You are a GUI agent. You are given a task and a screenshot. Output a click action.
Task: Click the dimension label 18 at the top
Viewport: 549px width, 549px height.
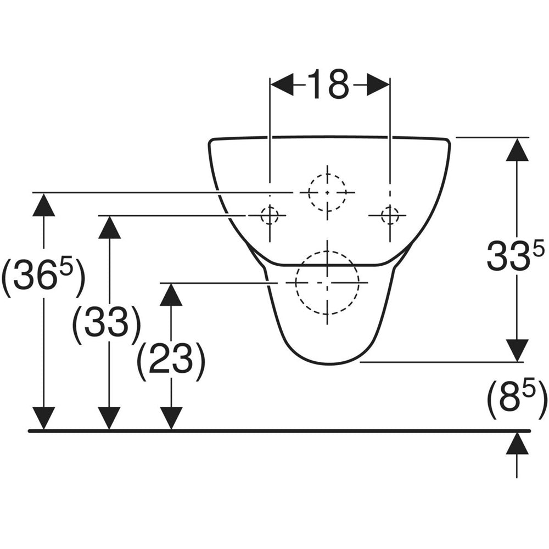pyautogui.click(x=328, y=84)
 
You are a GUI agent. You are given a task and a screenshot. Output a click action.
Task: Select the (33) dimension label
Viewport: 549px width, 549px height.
pyautogui.click(x=107, y=322)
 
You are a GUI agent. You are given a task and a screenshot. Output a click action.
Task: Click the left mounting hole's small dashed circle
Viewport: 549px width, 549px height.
pyautogui.click(x=269, y=215)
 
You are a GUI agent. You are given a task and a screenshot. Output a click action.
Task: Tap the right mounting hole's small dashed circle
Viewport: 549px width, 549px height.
pyautogui.click(x=390, y=215)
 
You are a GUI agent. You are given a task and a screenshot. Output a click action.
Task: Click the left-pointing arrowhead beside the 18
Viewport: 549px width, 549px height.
pyautogui.click(x=282, y=84)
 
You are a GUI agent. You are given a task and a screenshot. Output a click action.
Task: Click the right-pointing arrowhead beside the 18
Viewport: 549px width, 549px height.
pyautogui.click(x=378, y=84)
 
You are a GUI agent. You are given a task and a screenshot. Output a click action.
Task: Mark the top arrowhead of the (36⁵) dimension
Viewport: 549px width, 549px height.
pyautogui.click(x=43, y=205)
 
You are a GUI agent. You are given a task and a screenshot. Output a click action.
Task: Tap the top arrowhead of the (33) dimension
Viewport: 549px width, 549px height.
pyautogui.click(x=110, y=227)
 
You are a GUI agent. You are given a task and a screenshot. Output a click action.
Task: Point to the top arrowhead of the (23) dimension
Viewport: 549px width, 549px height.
pyautogui.click(x=171, y=294)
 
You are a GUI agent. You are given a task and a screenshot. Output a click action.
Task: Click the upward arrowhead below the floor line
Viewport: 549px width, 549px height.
pyautogui.click(x=517, y=443)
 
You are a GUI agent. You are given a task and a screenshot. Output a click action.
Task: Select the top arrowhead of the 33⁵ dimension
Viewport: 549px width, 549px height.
pyautogui.click(x=517, y=149)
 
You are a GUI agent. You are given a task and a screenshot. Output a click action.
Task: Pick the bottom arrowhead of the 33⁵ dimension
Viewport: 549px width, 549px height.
pyautogui.click(x=517, y=350)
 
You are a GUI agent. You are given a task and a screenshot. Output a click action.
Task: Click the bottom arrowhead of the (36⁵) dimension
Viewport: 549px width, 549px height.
pyautogui.click(x=43, y=418)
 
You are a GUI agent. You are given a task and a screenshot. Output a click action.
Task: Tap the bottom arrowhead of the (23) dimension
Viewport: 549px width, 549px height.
pyautogui.click(x=171, y=418)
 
